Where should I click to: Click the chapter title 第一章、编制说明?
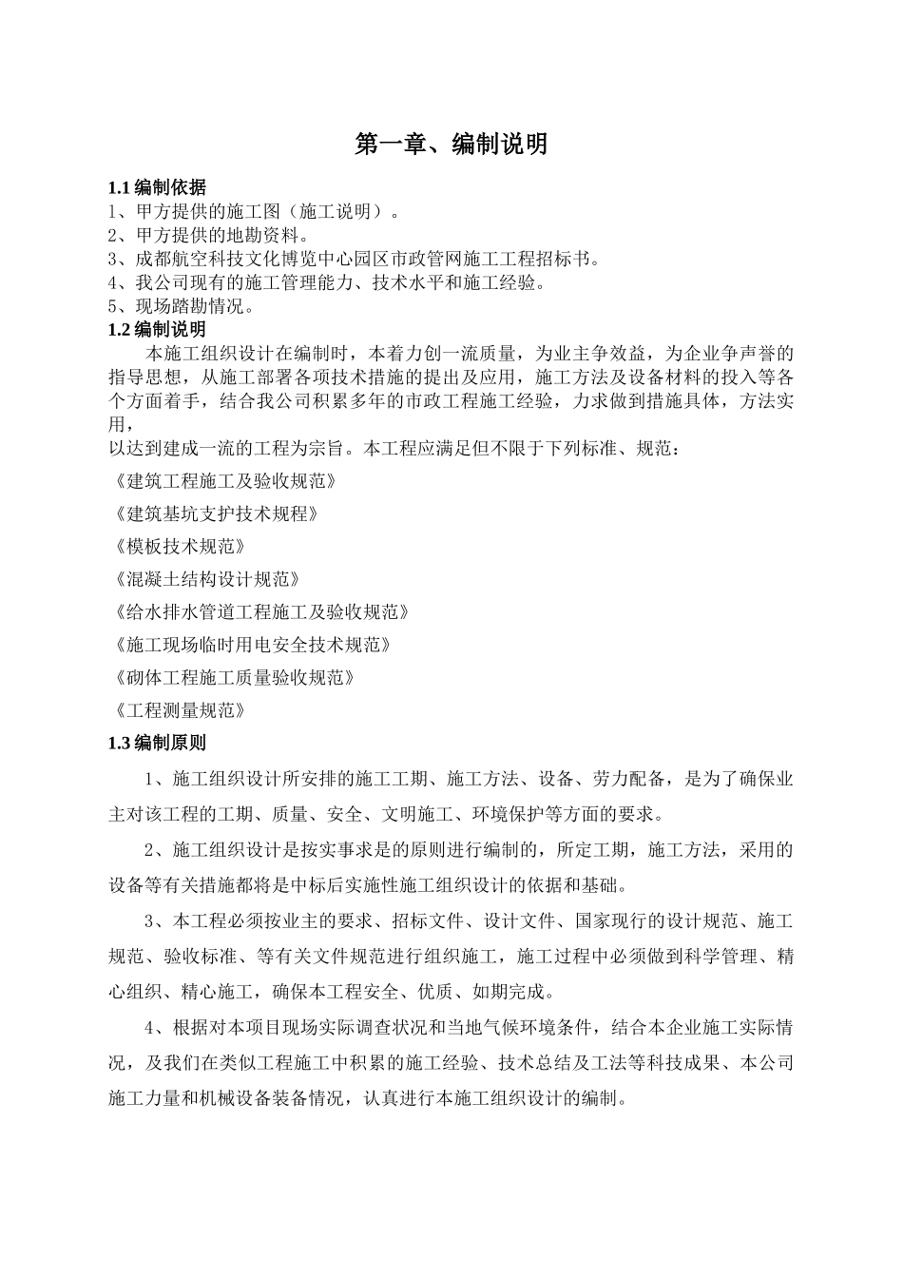tap(451, 144)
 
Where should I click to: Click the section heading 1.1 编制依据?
tap(157, 187)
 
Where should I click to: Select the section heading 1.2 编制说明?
tap(157, 330)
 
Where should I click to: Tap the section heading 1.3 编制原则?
tap(157, 743)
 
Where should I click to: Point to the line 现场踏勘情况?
tap(183, 306)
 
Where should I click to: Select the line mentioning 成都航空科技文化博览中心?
tap(354, 259)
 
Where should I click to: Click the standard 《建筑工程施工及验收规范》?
tap(223, 481)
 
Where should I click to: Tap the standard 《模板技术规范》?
tap(178, 547)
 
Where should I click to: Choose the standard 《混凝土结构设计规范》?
tap(205, 579)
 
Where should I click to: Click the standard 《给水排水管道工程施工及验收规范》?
tap(259, 612)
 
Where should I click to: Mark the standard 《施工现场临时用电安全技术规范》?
tap(251, 645)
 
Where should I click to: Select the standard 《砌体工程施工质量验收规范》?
tap(233, 678)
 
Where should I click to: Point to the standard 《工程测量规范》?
tap(178, 710)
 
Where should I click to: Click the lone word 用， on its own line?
tap(117, 425)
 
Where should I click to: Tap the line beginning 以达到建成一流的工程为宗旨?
tap(394, 448)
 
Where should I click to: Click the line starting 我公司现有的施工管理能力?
tap(327, 282)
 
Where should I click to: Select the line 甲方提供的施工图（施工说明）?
tap(255, 211)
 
